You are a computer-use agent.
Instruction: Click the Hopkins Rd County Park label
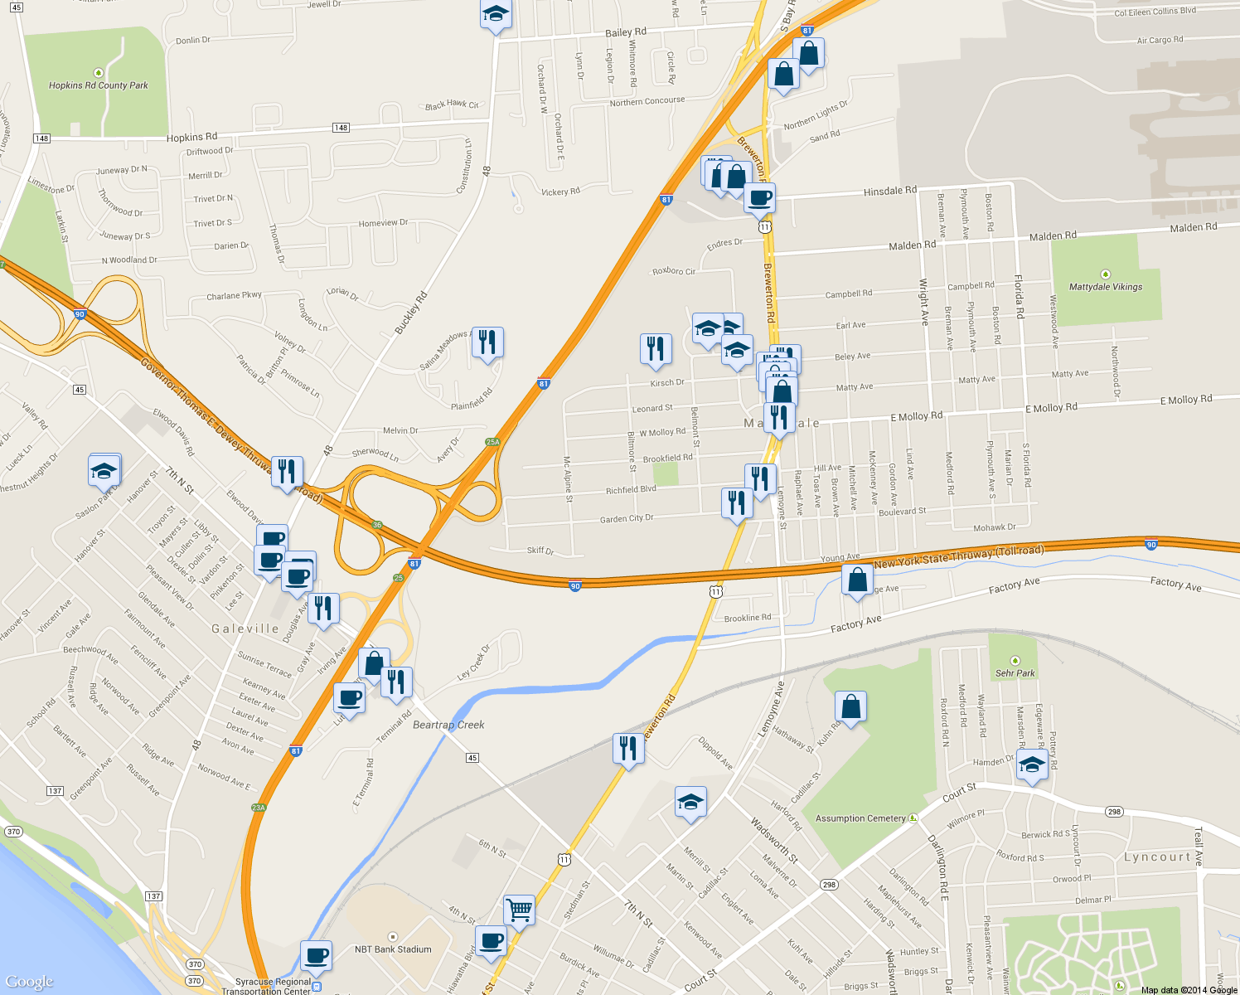[98, 85]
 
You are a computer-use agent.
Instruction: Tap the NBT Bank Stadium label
[393, 949]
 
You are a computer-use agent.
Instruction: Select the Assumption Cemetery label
[860, 818]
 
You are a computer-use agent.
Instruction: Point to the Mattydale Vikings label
[1105, 287]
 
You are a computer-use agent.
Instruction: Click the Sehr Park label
[1015, 673]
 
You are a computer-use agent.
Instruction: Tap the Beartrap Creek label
[448, 725]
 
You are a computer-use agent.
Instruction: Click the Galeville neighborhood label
[245, 629]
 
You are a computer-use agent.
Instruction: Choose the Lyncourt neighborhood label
[1157, 857]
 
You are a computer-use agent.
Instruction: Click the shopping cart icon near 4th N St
[519, 910]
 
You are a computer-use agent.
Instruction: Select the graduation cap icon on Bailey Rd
[496, 15]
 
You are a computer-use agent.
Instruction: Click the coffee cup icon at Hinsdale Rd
[759, 198]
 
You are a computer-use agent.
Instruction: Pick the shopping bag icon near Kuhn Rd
[850, 706]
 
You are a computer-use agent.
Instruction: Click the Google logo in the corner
[29, 982]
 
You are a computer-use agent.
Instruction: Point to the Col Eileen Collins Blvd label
[1155, 12]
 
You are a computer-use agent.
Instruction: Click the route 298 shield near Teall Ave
[1113, 813]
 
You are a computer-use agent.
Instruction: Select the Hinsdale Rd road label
[889, 191]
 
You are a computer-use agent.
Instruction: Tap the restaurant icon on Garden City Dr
[736, 502]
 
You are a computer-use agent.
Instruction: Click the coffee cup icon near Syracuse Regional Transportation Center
[316, 955]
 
